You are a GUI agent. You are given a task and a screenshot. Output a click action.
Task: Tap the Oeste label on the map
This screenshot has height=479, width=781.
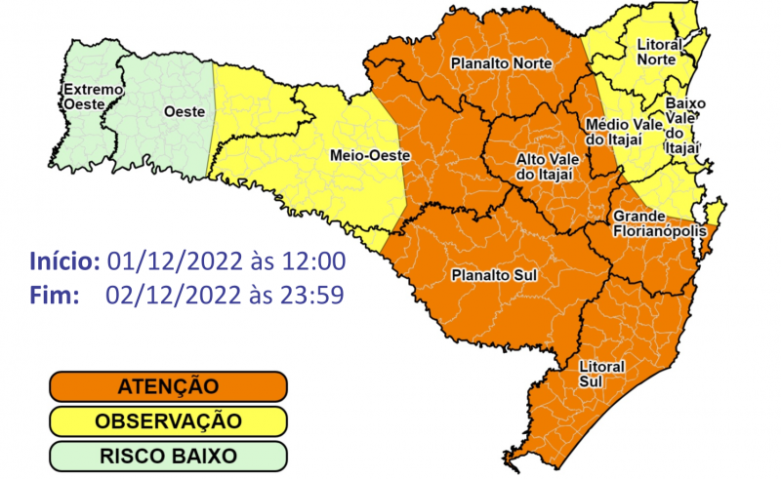click(x=185, y=111)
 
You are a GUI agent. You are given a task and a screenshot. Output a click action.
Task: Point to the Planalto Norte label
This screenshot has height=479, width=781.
click(x=501, y=63)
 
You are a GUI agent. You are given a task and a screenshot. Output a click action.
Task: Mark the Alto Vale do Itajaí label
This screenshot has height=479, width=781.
click(x=544, y=166)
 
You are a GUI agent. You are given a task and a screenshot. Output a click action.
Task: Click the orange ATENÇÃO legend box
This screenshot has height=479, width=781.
click(x=169, y=387)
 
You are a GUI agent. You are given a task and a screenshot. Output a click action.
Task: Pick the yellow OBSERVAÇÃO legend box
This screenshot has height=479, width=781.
click(x=169, y=421)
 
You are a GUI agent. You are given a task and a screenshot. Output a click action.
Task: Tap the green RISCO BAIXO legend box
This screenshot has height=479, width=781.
click(x=169, y=455)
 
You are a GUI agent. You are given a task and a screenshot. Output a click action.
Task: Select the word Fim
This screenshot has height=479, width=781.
click(x=54, y=293)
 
